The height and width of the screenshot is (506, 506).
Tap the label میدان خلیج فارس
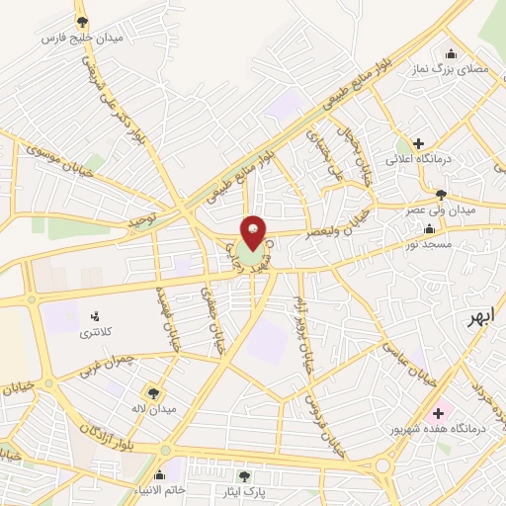[x=78, y=38]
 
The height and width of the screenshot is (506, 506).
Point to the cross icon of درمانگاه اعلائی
[x=419, y=142]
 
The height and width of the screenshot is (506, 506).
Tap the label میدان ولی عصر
[x=441, y=211]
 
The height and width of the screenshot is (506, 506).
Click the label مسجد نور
[x=431, y=242]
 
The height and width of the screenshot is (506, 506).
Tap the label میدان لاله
[x=156, y=408]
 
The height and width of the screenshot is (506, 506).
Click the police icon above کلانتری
[x=96, y=316]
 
